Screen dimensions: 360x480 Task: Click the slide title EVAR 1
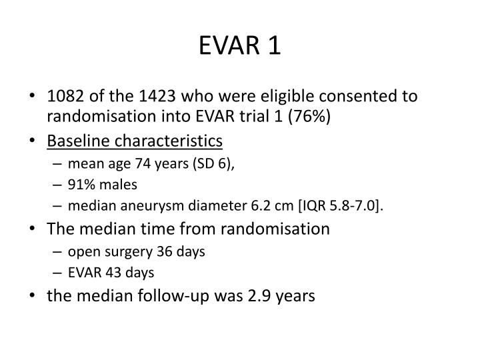click(x=240, y=46)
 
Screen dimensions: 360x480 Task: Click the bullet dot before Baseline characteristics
click(x=33, y=141)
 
